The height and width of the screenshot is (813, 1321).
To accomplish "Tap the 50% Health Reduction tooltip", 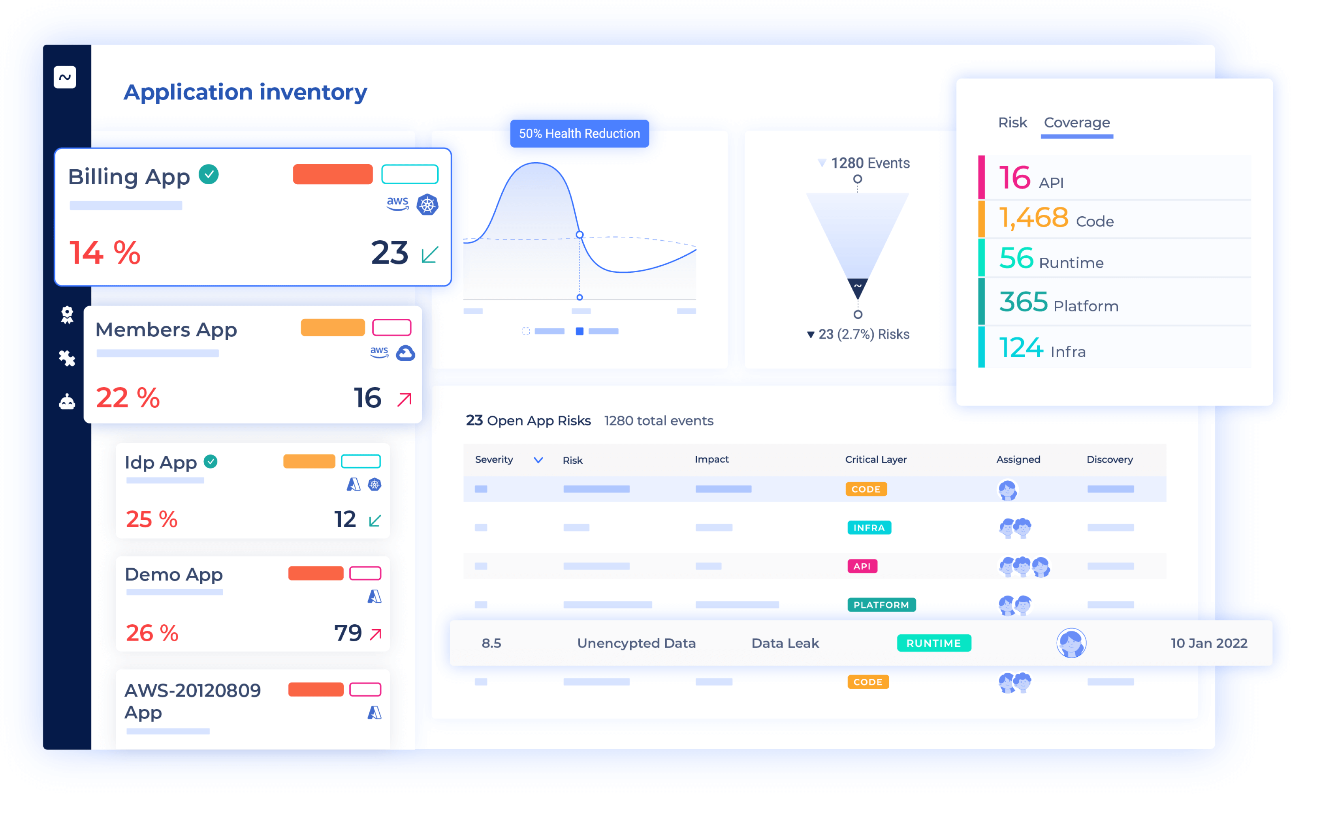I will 579,133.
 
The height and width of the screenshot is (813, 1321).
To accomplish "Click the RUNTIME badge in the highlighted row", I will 933,643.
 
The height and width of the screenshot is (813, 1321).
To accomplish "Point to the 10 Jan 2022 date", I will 1208,643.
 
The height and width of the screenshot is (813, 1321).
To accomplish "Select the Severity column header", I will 494,460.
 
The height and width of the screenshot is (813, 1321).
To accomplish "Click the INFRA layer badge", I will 868,528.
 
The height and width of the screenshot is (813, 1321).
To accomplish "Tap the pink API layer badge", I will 862,566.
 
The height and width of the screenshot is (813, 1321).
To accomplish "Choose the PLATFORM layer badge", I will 881,605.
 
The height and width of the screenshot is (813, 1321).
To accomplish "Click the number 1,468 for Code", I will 1033,218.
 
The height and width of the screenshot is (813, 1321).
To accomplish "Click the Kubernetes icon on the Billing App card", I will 427,204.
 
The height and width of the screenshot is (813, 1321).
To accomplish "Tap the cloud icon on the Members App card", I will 405,353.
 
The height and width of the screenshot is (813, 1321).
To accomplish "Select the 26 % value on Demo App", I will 152,633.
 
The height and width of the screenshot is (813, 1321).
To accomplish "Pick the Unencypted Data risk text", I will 636,643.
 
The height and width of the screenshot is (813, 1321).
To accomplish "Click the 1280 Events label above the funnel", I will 869,163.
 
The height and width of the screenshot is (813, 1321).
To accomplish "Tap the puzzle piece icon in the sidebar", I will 67,358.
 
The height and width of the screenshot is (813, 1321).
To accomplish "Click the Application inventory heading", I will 245,92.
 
